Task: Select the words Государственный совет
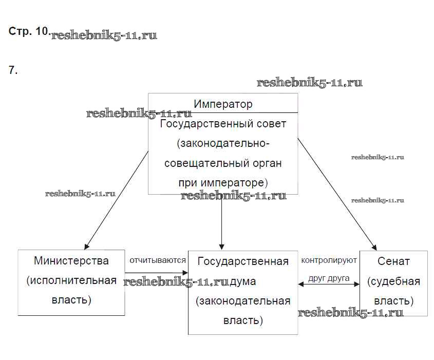tap(223, 124)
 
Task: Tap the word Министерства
tap(71, 261)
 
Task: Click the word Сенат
tap(393, 261)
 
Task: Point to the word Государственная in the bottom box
tap(243, 261)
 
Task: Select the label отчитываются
tap(157, 260)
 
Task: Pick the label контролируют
tap(329, 260)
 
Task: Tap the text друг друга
tap(329, 278)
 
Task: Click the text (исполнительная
tap(71, 280)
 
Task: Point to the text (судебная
tap(393, 281)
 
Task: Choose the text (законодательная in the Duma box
tap(243, 301)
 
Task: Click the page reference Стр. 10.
tap(29, 31)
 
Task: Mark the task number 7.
tap(13, 71)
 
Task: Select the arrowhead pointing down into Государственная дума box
tap(221, 246)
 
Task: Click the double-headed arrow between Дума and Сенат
tap(329, 284)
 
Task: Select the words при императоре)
tap(223, 183)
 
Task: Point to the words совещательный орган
tap(223, 163)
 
